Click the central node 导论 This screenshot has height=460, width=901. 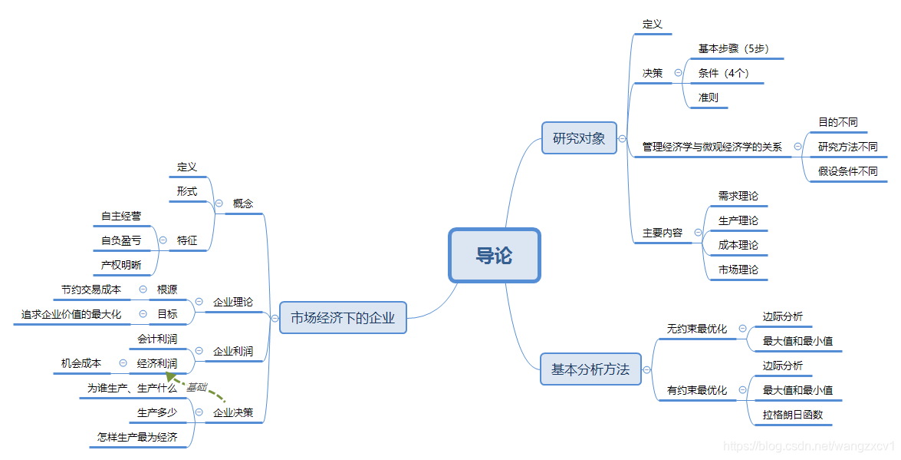point(495,256)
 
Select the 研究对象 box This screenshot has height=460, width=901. point(579,138)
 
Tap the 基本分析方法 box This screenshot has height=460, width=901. point(590,369)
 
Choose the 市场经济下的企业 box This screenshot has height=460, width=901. point(343,317)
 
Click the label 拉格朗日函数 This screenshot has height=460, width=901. point(793,415)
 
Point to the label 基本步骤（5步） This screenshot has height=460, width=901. point(733,48)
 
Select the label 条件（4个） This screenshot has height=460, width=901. point(724,73)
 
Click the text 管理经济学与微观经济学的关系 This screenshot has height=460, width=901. point(712,147)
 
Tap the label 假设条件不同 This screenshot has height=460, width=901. point(848,171)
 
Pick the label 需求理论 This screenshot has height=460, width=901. point(738,196)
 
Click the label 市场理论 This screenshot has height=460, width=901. point(738,270)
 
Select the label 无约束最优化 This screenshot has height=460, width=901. point(697,329)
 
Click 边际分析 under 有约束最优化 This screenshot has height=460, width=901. point(783,366)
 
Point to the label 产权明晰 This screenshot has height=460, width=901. point(121,265)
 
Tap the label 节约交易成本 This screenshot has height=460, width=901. point(91,290)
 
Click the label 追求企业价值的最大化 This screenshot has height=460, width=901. point(71,314)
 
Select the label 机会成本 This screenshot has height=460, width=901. point(81,363)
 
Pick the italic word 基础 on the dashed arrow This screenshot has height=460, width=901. point(197,387)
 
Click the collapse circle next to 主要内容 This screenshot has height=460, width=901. point(698,232)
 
